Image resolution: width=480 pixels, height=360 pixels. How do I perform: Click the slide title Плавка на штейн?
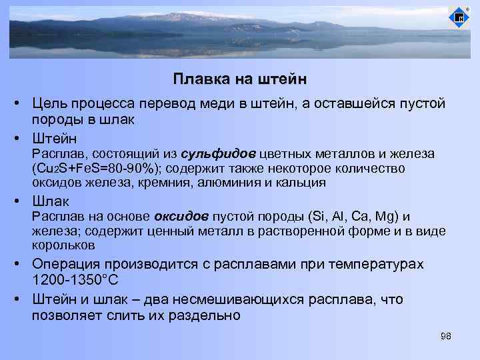tap(240, 79)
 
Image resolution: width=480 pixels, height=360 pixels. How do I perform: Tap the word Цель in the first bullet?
tap(51, 105)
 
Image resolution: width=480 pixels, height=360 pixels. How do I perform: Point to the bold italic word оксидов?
tap(182, 217)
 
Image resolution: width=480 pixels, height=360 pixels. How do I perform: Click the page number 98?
tap(446, 336)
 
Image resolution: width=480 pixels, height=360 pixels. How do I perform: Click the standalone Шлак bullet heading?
tap(51, 201)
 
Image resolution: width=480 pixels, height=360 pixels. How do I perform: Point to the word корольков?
tap(62, 245)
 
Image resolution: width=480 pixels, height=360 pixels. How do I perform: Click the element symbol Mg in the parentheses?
tap(386, 217)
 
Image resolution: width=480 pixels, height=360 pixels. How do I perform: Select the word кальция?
tap(301, 182)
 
